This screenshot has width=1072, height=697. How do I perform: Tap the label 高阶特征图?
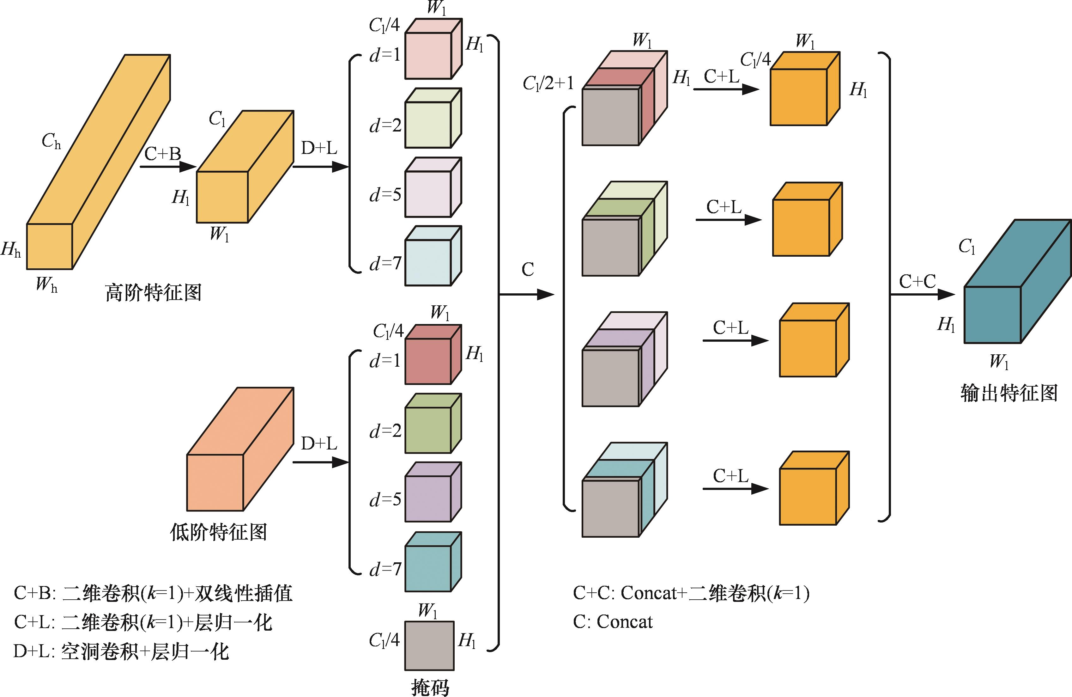pyautogui.click(x=153, y=293)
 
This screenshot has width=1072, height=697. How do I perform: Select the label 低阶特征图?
pyautogui.click(x=218, y=532)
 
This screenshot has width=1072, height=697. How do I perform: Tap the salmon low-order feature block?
pyautogui.click(x=234, y=455)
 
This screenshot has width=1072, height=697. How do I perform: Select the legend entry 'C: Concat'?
pyautogui.click(x=613, y=622)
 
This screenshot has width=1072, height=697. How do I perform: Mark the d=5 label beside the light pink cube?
pyautogui.click(x=385, y=195)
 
